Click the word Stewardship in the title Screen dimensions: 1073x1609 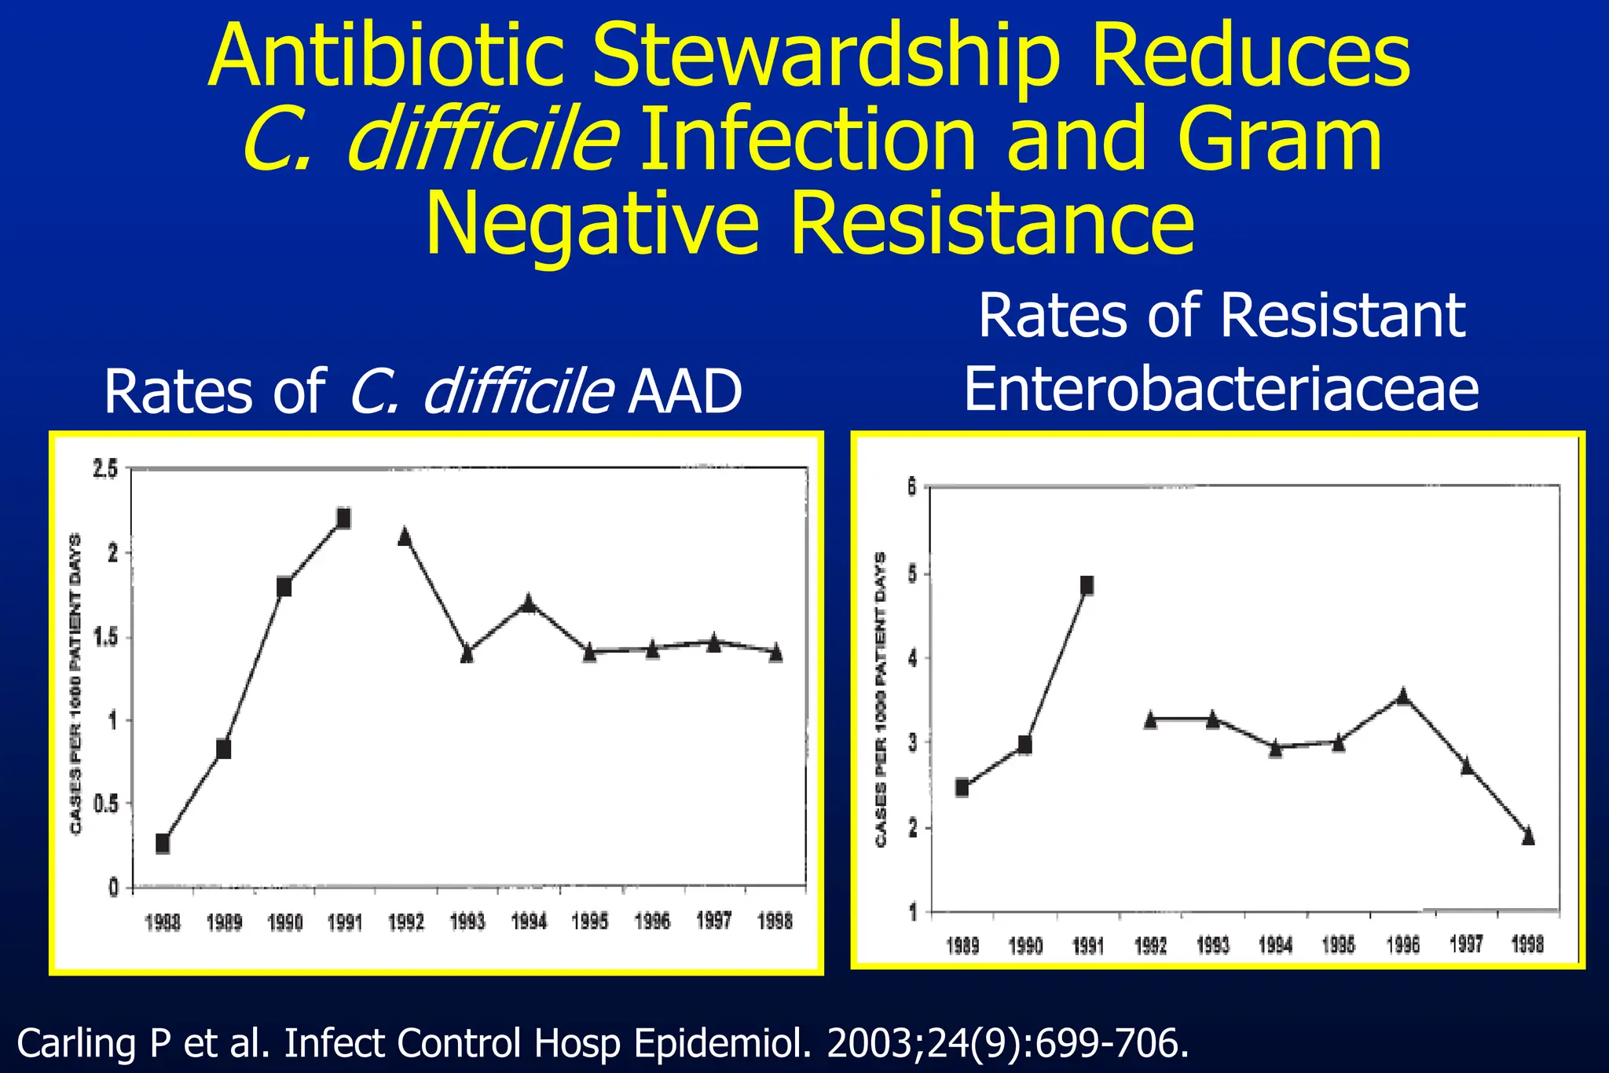pyautogui.click(x=825, y=57)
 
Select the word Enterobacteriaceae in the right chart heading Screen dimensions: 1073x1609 pyautogui.click(x=1221, y=390)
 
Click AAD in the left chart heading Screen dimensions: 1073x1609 pyautogui.click(x=685, y=392)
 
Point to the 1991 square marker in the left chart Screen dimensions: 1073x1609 pyautogui.click(x=343, y=518)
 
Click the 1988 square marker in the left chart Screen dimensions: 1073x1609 pyautogui.click(x=163, y=844)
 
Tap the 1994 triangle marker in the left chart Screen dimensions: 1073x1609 pyautogui.click(x=529, y=603)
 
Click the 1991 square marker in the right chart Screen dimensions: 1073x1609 pyautogui.click(x=1087, y=585)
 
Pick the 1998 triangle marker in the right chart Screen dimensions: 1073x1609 pyautogui.click(x=1528, y=836)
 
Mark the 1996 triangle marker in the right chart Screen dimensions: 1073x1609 pyautogui.click(x=1403, y=696)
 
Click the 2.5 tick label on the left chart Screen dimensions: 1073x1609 pyautogui.click(x=105, y=470)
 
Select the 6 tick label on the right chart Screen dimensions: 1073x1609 pyautogui.click(x=912, y=488)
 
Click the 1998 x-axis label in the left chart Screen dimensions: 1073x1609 pyautogui.click(x=775, y=922)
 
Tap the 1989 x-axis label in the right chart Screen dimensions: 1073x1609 pyautogui.click(x=962, y=946)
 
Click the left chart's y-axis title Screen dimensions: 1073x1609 pyautogui.click(x=76, y=683)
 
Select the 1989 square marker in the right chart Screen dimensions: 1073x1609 pyautogui.click(x=962, y=788)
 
